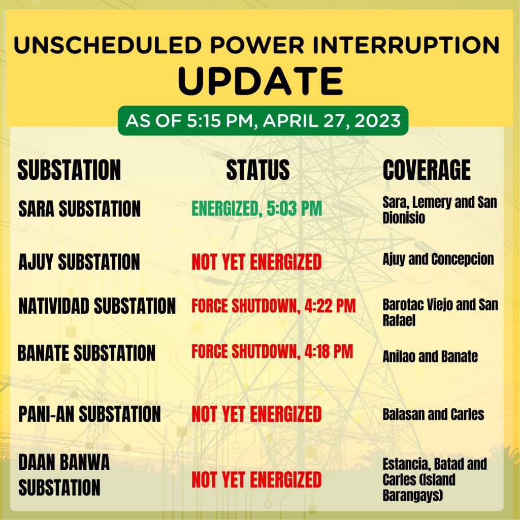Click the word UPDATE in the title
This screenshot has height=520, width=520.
pos(261,81)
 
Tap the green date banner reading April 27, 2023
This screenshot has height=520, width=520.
pos(263,120)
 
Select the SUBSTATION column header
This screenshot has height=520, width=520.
pos(69,170)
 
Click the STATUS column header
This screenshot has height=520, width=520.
pos(258,170)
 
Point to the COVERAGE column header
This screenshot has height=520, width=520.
pos(427,170)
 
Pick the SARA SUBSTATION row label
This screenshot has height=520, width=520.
pos(80,209)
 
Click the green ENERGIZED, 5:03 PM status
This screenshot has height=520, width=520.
pos(256,209)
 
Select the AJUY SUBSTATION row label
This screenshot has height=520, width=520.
pos(79,262)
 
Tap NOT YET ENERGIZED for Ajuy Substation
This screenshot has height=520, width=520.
pos(256,262)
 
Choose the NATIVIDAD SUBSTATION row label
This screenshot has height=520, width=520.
pos(97,306)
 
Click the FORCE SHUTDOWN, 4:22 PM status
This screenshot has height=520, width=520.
pos(274,306)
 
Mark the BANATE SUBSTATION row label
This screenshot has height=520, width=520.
pos(86,352)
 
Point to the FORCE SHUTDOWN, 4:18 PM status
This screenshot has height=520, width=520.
pos(272,351)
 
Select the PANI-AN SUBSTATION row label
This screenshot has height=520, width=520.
pos(89,414)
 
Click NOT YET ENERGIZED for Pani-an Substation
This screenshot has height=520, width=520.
pos(256,414)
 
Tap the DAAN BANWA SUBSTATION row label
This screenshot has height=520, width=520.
pos(63,475)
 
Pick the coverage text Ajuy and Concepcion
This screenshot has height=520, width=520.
pos(438,259)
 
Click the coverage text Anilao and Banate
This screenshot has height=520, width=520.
pos(430,356)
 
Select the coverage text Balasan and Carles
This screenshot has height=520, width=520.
pos(434,414)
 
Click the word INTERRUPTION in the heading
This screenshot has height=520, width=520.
pos(406,45)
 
